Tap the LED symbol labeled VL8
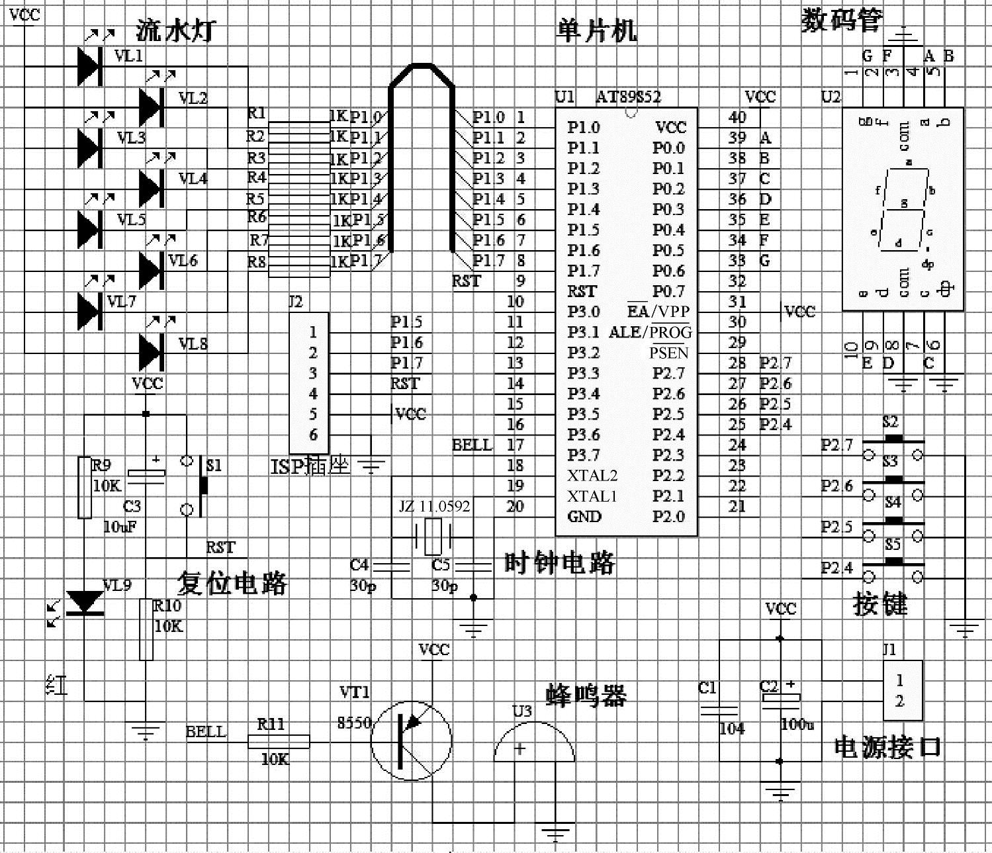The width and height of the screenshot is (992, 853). coord(150,351)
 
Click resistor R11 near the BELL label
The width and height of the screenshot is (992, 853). coord(279,742)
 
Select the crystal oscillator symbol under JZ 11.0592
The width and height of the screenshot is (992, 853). coord(433,536)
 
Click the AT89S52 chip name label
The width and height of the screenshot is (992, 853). coord(628,97)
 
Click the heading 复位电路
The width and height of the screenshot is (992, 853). coord(232,583)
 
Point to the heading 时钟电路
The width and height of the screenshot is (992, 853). coord(559,563)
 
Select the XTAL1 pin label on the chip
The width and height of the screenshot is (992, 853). coord(592,496)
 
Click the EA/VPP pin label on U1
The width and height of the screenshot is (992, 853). coord(658,312)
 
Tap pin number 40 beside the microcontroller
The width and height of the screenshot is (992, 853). coord(737,117)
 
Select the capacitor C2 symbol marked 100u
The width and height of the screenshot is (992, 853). coord(780,697)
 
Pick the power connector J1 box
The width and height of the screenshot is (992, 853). coord(903,690)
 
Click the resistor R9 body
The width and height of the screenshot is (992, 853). coord(85,487)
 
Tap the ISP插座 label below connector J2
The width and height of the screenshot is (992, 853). coord(309,467)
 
